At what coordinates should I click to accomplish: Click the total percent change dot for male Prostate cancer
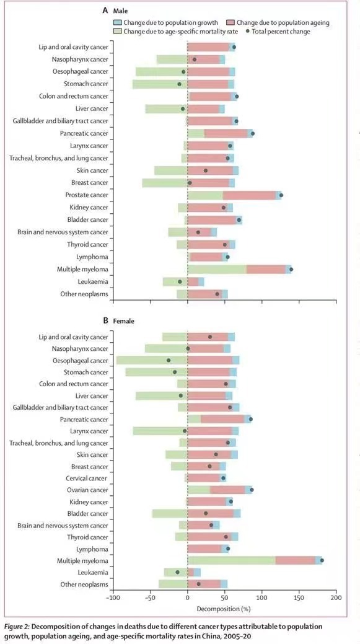pos(281,195)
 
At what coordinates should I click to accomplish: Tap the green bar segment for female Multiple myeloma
pos(232,560)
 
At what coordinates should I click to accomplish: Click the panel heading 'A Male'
pos(114,12)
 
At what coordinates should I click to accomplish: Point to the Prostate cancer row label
pos(87,195)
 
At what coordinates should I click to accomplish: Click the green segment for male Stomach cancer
pos(160,84)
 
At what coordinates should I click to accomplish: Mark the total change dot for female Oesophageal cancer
pos(169,360)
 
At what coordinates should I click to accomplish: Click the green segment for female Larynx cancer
pos(160,431)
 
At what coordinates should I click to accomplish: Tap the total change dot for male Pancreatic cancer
pos(252,133)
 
